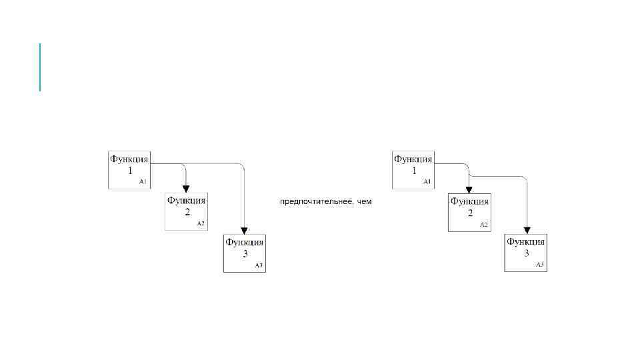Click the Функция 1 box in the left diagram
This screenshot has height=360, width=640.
129,170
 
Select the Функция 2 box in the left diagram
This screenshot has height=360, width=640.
186,212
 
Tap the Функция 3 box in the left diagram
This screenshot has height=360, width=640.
245,253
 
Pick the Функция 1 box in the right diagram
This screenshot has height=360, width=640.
413,170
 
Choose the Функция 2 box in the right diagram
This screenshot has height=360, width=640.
469,213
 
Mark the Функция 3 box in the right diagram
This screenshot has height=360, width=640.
526,253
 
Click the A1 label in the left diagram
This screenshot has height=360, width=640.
143,181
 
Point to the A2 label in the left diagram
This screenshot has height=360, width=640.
200,223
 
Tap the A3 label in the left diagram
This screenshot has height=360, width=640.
259,265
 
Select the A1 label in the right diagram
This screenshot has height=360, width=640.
427,181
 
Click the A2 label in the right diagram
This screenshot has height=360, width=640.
484,224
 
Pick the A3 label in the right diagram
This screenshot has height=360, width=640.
540,265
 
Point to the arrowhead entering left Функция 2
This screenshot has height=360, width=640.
186,189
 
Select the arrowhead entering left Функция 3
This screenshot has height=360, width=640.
245,231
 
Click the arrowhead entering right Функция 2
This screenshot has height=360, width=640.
469,190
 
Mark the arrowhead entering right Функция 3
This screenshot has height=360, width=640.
527,231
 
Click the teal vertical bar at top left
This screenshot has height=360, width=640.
40,67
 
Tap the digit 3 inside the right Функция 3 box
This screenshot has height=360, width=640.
527,253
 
